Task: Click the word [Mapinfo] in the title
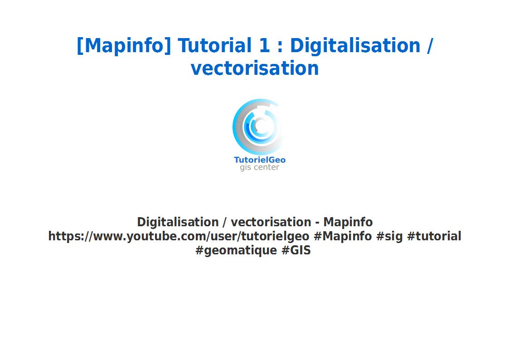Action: point(124,46)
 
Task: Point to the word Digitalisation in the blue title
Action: point(355,46)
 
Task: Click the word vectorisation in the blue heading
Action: point(255,68)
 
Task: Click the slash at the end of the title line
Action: point(430,46)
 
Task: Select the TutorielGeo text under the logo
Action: point(259,160)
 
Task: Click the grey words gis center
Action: point(259,168)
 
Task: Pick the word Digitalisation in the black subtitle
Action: point(178,222)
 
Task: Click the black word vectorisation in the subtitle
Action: point(271,222)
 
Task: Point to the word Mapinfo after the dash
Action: point(348,222)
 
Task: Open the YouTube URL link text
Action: point(179,236)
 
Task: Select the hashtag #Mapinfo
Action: point(343,236)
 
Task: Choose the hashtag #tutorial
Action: point(434,236)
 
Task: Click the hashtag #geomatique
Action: point(236,250)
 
